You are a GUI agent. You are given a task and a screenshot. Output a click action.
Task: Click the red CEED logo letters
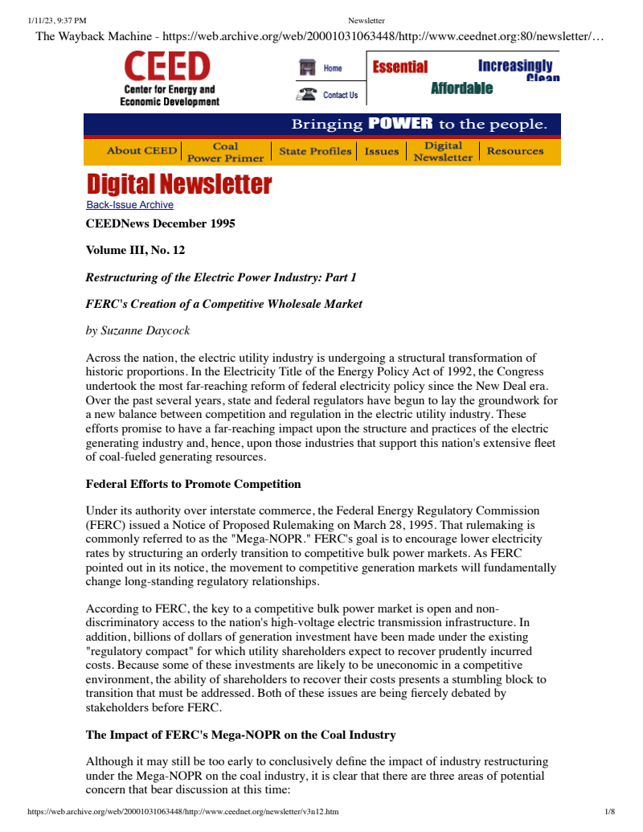(167, 67)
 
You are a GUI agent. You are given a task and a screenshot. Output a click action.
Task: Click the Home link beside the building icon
(333, 68)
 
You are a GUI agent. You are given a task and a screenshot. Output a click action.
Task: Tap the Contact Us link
(340, 95)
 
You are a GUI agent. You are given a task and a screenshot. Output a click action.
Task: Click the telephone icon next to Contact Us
(306, 95)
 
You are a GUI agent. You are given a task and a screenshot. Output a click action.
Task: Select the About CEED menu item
(141, 151)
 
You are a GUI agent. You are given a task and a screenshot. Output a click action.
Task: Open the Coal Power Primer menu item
(225, 152)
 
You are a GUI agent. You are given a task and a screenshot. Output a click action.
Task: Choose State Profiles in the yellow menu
(315, 151)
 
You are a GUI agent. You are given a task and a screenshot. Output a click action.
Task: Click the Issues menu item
(382, 151)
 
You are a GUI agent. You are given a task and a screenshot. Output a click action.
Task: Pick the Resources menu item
(515, 151)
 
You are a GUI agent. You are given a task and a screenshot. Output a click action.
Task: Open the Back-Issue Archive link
(129, 205)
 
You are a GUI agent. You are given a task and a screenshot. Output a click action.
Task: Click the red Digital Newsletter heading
(179, 184)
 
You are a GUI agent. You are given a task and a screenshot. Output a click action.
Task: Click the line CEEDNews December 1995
(161, 223)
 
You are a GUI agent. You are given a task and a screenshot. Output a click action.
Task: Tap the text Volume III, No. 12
(135, 250)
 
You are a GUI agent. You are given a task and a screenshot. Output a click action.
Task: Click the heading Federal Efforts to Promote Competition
(193, 484)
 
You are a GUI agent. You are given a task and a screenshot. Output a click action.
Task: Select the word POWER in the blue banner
(400, 124)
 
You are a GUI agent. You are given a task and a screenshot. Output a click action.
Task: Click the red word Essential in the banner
(399, 68)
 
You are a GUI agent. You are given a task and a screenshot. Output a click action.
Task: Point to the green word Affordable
(461, 88)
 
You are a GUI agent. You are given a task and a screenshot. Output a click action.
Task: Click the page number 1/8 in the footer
(609, 812)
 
